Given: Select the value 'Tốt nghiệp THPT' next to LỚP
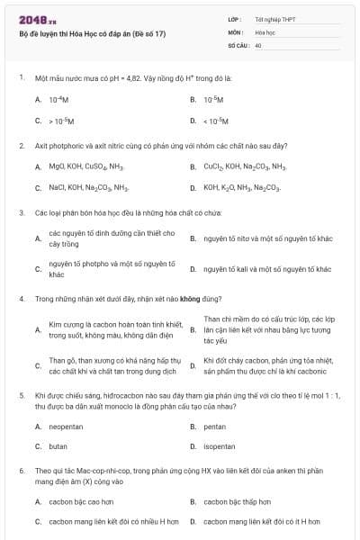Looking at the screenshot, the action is coord(274,19).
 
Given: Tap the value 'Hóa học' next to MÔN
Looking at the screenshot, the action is coord(265,31).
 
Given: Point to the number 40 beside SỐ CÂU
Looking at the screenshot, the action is coord(258,44).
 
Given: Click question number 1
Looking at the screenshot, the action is coord(21,78).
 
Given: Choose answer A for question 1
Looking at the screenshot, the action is coord(58,99).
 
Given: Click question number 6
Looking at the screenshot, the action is coord(21,470).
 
